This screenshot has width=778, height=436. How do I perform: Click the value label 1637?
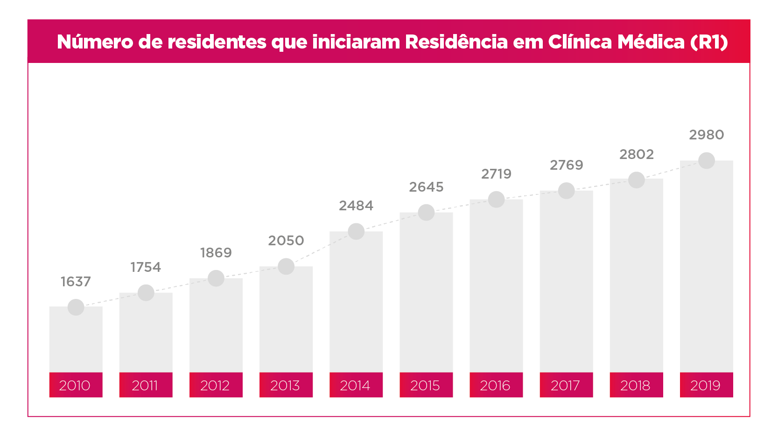coord(76,282)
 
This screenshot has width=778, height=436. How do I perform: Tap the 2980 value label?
coord(706,135)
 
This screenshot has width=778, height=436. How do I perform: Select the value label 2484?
coord(356,206)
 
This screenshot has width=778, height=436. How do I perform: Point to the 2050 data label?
coord(286,241)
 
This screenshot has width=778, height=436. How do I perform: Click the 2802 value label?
coord(636,154)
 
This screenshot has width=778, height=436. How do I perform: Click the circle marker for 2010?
coord(76,307)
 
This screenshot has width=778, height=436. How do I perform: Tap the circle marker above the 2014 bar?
coord(356,231)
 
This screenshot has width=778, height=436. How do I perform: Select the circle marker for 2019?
coord(706,160)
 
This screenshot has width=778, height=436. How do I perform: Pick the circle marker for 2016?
coord(496,200)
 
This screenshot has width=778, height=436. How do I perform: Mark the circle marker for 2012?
coord(216,278)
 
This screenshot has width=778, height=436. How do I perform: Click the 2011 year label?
coord(145,385)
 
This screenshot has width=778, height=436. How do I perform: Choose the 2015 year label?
coord(425,385)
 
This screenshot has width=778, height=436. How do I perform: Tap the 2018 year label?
coord(635,385)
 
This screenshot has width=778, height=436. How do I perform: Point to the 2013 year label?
coord(285,385)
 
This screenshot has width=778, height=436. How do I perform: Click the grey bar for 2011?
coord(146,336)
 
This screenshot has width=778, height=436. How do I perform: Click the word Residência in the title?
coord(456,42)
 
